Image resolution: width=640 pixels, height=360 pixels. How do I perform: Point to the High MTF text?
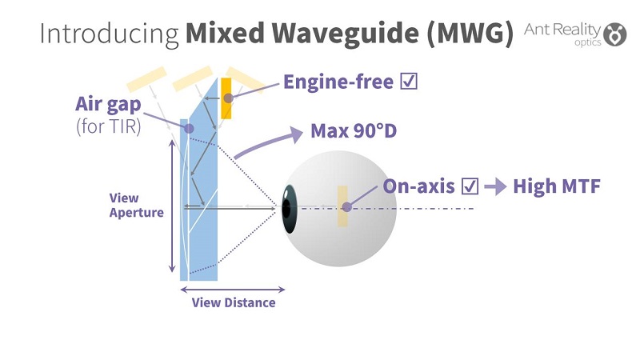556,186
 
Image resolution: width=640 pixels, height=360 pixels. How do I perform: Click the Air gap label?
107,104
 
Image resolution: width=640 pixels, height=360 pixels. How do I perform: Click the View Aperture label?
136,206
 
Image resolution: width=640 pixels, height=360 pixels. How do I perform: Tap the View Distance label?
233,302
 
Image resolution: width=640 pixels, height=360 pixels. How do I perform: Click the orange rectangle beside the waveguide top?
226,98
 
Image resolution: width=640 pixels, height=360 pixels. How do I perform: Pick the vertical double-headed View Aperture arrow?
170,206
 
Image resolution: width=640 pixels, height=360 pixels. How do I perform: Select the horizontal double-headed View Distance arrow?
233,288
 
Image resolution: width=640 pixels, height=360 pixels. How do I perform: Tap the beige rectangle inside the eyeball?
342,206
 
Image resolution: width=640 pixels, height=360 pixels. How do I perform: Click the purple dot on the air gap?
189,127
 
